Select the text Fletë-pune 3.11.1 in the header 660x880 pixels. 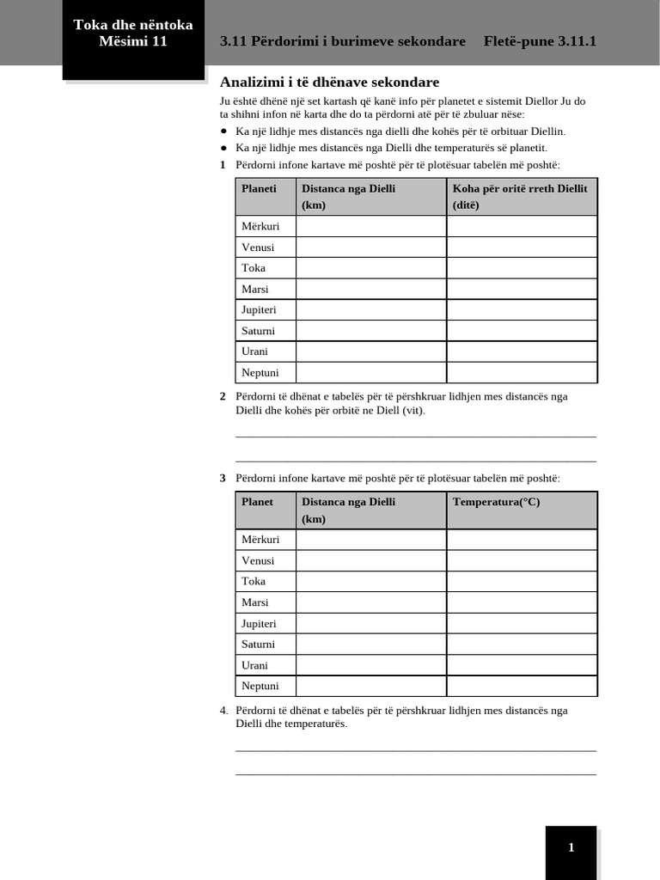pos(540,41)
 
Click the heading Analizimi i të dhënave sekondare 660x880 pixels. pos(329,82)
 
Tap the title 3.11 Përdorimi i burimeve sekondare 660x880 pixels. pos(343,41)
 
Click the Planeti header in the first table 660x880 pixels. pos(260,189)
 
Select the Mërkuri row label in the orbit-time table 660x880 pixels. pos(260,226)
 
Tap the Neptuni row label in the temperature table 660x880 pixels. pos(260,686)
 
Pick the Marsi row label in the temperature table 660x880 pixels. pos(255,602)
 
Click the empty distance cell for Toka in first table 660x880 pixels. pos(370,268)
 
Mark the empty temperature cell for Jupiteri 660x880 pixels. pos(521,623)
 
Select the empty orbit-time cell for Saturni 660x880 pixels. pos(521,331)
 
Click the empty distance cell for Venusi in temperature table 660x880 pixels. pos(370,560)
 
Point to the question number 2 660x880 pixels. pos(223,396)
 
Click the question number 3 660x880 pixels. pos(223,478)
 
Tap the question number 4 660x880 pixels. pos(223,710)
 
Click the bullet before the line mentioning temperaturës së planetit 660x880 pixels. pos(223,148)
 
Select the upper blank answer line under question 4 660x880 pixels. pos(415,750)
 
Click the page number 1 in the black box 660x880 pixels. pos(571,848)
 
